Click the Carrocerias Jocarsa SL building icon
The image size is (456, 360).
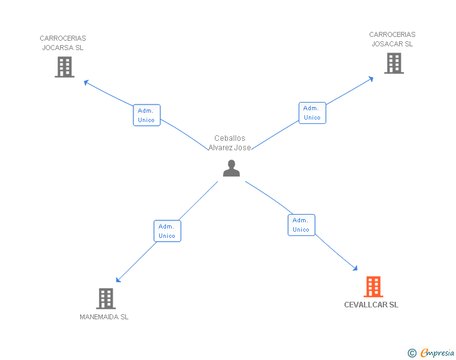(x=65, y=67)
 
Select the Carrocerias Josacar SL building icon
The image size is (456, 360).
(x=393, y=63)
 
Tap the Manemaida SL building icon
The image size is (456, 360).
(x=106, y=299)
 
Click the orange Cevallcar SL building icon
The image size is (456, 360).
(x=373, y=287)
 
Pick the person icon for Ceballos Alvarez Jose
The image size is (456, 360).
(x=231, y=168)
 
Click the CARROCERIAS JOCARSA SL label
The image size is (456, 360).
(x=63, y=43)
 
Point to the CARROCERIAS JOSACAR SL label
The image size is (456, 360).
(x=392, y=39)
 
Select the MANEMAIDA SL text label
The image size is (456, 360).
(x=104, y=317)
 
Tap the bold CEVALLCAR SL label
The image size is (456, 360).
(x=371, y=305)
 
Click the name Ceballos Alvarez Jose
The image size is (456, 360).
(x=230, y=143)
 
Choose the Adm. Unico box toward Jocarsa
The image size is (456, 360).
(x=147, y=115)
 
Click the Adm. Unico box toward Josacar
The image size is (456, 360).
(x=312, y=113)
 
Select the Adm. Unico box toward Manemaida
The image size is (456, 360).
(x=167, y=231)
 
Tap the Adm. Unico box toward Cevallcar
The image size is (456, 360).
(x=301, y=225)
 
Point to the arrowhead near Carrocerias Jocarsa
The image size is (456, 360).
(x=86, y=82)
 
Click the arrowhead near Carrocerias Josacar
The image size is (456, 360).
(x=371, y=79)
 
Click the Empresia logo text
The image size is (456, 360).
(x=437, y=353)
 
